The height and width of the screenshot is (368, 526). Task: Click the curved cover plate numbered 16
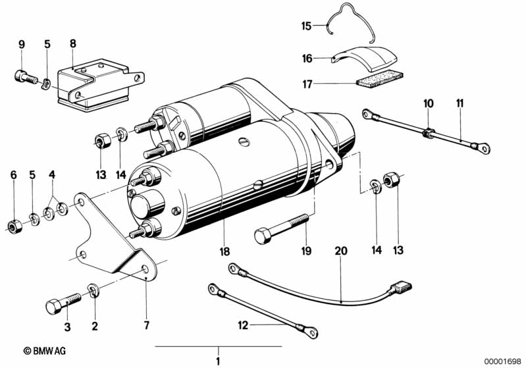click(x=365, y=58)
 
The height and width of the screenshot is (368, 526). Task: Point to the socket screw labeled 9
click(x=26, y=77)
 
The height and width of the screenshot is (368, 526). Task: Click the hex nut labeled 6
click(x=14, y=226)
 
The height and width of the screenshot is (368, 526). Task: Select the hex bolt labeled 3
click(x=63, y=303)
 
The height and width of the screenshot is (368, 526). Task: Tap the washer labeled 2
click(x=93, y=290)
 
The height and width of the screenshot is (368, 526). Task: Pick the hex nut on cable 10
click(x=429, y=133)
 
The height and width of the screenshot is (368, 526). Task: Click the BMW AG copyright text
click(x=45, y=351)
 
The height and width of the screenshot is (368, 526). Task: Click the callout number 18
click(x=224, y=251)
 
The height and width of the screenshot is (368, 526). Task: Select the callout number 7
click(x=147, y=325)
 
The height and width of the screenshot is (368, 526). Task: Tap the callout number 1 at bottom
click(x=218, y=361)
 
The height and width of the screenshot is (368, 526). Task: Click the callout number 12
click(x=243, y=325)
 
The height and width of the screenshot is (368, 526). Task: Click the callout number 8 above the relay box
click(x=73, y=43)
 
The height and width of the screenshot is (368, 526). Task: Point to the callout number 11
click(x=460, y=103)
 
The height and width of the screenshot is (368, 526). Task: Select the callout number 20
click(x=341, y=251)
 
